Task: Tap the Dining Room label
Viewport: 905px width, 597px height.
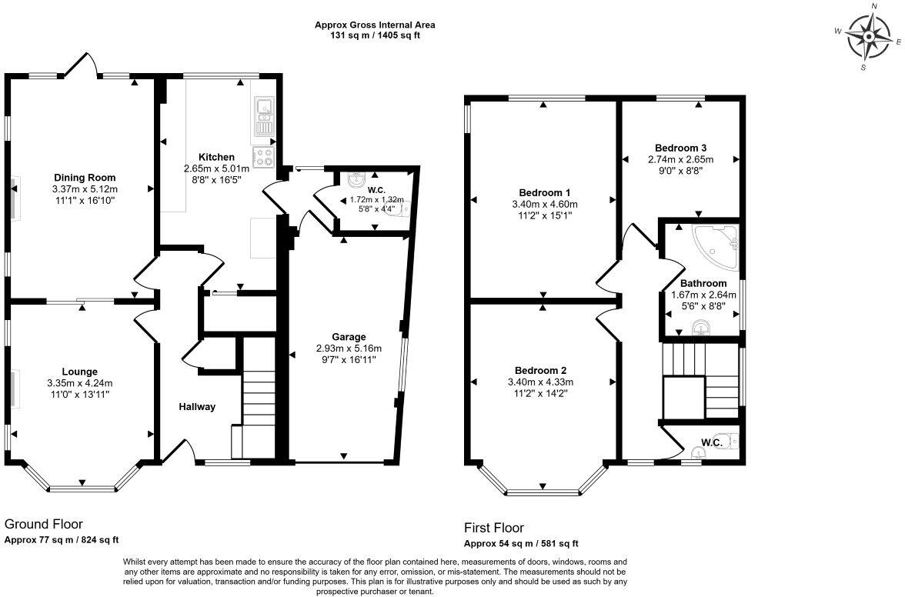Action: pos(84,177)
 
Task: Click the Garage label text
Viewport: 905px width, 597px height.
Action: pos(349,337)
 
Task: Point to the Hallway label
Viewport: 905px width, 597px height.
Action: pos(197,407)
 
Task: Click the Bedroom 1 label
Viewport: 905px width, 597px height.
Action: pos(544,192)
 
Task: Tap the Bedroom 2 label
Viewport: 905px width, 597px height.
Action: pos(540,369)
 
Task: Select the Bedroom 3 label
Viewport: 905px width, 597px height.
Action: pos(680,148)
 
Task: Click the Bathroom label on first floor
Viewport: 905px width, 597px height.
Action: pos(703,283)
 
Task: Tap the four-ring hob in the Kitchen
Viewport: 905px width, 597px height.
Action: pos(265,156)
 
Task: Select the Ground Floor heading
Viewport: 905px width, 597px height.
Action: pos(43,524)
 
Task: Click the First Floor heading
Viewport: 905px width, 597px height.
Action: pos(493,528)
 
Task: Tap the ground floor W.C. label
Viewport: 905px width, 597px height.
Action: pos(376,188)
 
